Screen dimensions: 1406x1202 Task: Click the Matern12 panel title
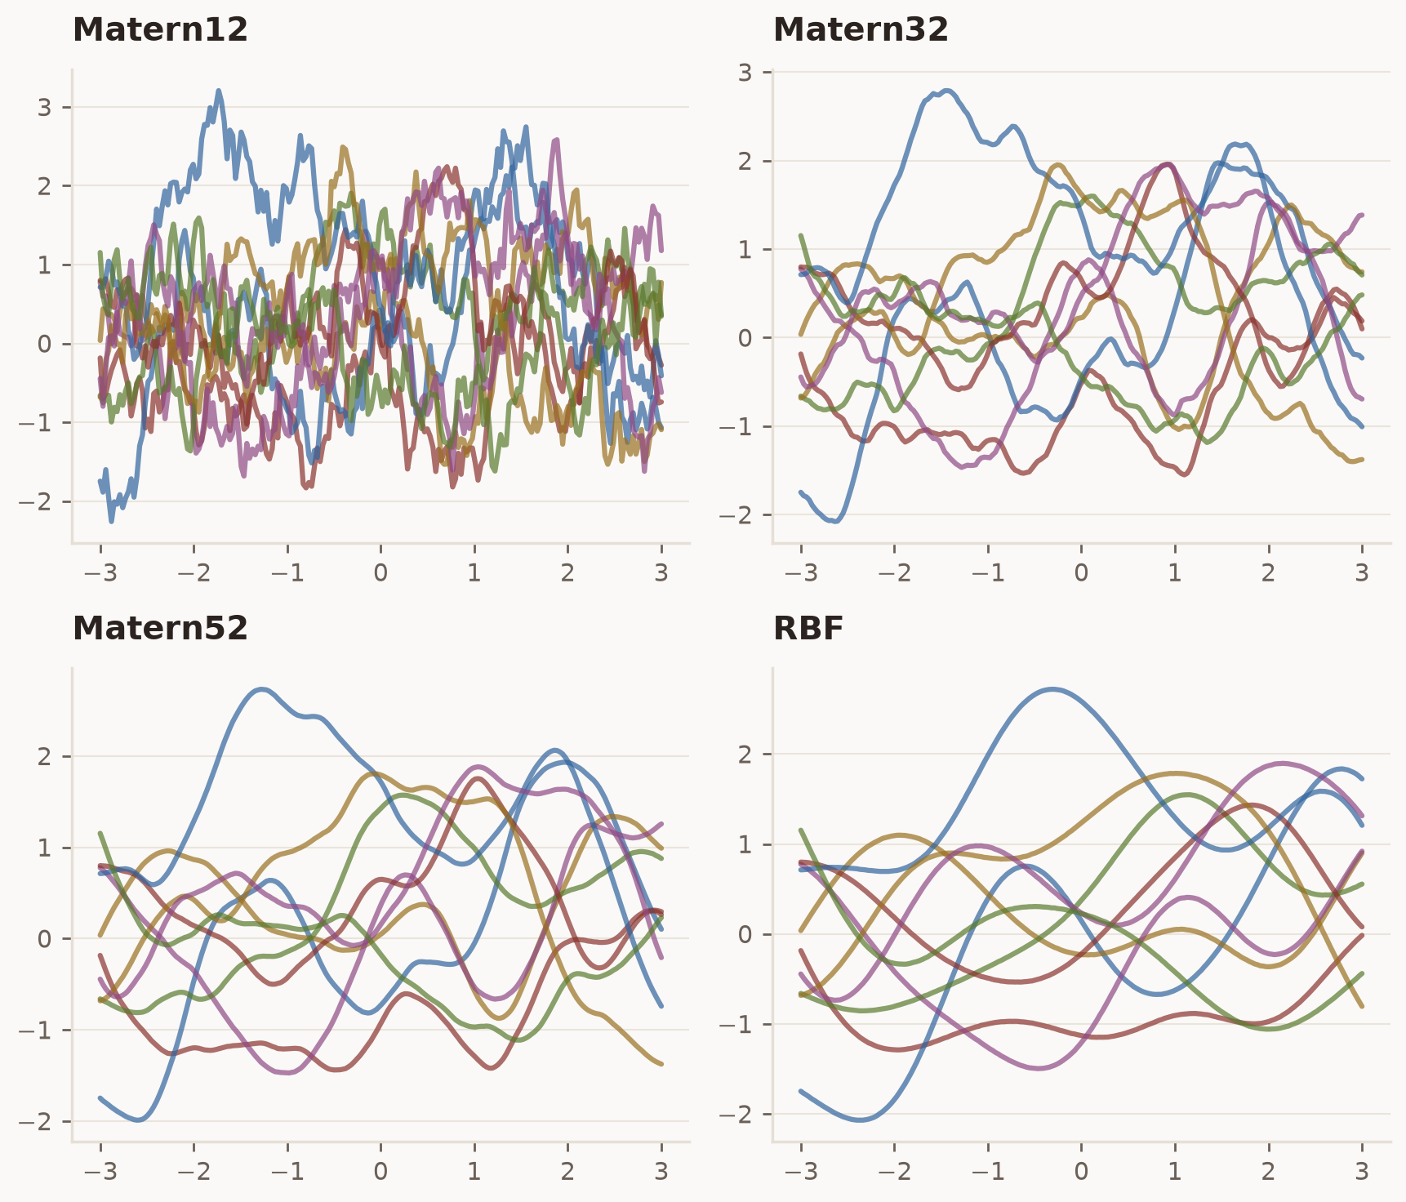[160, 30]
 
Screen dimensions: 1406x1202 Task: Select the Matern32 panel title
[861, 30]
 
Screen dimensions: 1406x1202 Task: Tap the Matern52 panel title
[160, 629]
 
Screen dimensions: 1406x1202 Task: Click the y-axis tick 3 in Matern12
[44, 107]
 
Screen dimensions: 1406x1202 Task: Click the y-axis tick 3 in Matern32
[745, 72]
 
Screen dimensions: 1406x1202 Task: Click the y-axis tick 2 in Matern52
[44, 756]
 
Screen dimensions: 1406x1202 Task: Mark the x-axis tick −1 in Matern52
[287, 1172]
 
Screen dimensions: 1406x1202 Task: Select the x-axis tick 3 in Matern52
[661, 1172]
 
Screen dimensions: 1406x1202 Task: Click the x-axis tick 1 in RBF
[1175, 1172]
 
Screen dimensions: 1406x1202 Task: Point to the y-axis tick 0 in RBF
[745, 934]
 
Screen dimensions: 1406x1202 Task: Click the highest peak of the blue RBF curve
[1054, 689]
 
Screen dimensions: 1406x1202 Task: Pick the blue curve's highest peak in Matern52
[261, 689]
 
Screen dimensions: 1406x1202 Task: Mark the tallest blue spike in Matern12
[219, 91]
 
